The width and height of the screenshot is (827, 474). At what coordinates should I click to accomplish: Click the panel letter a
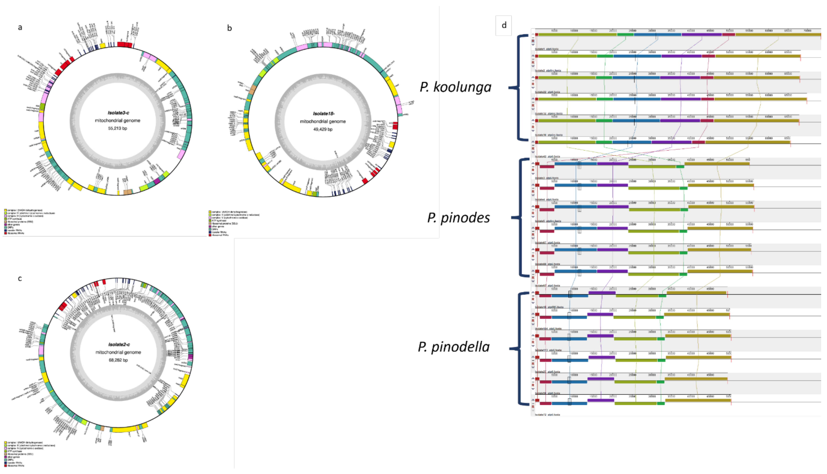tap(20, 27)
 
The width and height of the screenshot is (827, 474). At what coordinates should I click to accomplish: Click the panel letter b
tap(229, 28)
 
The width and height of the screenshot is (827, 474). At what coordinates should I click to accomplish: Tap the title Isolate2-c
tap(119, 344)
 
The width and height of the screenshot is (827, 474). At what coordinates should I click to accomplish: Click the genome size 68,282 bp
tap(118, 360)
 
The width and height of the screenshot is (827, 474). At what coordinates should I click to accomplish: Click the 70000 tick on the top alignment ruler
tap(807, 31)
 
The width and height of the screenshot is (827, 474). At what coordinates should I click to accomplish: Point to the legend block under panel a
tap(29, 222)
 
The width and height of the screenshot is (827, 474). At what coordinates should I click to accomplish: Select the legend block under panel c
tap(29, 454)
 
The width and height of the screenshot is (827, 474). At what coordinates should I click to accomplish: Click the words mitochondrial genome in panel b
tap(323, 122)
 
